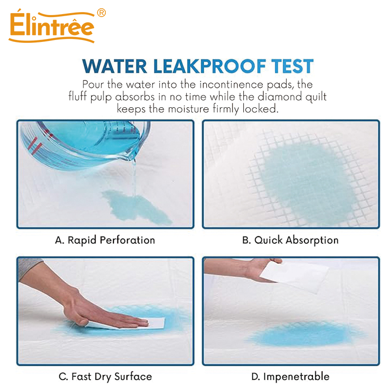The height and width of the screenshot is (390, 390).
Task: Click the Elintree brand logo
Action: click(51, 28)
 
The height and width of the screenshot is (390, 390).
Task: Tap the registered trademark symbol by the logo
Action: click(101, 13)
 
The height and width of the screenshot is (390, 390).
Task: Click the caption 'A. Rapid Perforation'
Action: click(105, 240)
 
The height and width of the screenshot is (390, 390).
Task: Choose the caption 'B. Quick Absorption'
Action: click(290, 240)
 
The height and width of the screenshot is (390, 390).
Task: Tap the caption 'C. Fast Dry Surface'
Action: click(105, 376)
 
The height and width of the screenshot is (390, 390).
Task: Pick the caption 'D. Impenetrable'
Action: click(290, 376)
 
